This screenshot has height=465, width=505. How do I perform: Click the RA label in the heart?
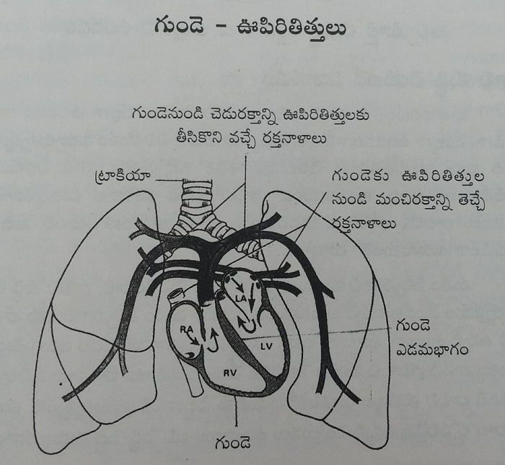pyautogui.click(x=186, y=330)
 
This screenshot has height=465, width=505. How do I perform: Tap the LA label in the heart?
pyautogui.click(x=241, y=299)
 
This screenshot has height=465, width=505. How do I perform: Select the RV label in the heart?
pyautogui.click(x=230, y=373)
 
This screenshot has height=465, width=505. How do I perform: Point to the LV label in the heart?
pyautogui.click(x=267, y=347)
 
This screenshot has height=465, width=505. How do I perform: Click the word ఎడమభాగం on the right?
pyautogui.click(x=432, y=350)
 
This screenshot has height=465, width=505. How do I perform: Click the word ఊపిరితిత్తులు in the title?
pyautogui.click(x=291, y=27)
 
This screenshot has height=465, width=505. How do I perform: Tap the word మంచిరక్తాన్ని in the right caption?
pyautogui.click(x=413, y=202)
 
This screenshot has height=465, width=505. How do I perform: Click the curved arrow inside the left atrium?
pyautogui.click(x=247, y=324)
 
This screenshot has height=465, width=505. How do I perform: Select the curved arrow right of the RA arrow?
pyautogui.click(x=213, y=340)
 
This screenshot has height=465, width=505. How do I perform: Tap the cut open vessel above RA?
pyautogui.click(x=177, y=295)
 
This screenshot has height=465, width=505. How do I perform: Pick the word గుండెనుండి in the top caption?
pyautogui.click(x=167, y=115)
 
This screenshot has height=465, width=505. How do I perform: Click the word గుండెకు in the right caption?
pyautogui.click(x=361, y=177)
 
